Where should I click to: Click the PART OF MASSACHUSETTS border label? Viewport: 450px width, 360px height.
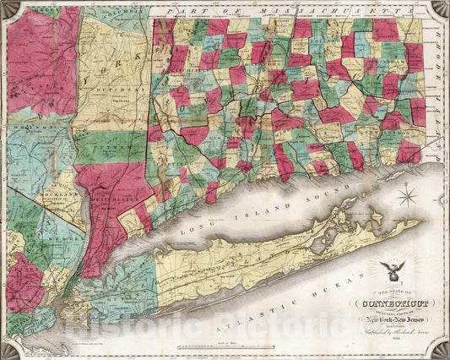coord(279,9)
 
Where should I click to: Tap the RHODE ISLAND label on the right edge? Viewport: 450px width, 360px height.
coord(442,76)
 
